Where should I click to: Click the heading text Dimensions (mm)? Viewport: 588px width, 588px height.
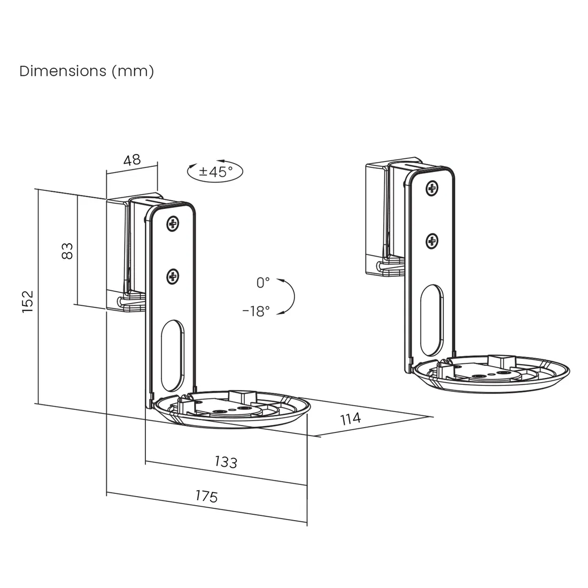pos(87,71)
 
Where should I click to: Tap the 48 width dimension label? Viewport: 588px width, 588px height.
pos(131,159)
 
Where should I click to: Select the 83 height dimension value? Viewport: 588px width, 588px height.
pos(67,251)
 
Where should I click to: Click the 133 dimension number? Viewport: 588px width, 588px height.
pos(226,461)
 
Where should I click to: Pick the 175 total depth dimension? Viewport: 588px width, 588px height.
pos(206,496)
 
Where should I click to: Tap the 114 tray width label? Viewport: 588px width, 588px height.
pos(351,418)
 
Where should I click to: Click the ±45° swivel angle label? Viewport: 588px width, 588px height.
pos(216,172)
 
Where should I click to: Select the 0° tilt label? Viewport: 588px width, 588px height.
pos(263,283)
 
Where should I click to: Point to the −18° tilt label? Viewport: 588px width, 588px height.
pos(256,311)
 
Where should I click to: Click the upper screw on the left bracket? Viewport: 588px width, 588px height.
pos(173,224)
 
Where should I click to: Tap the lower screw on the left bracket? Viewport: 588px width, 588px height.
pos(173,276)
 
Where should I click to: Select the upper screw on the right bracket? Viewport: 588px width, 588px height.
pos(432,188)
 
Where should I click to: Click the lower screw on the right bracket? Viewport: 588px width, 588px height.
pos(432,242)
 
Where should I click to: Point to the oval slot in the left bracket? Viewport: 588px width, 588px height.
pos(172,356)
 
